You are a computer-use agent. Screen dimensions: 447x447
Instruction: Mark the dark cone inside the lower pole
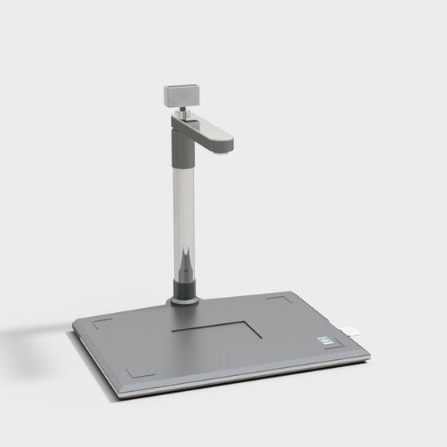click(x=184, y=263)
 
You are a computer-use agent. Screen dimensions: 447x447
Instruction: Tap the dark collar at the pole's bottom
click(x=184, y=289)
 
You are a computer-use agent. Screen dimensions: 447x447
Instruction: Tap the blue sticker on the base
click(x=326, y=338)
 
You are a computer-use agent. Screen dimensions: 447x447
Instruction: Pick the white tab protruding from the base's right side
click(x=351, y=329)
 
